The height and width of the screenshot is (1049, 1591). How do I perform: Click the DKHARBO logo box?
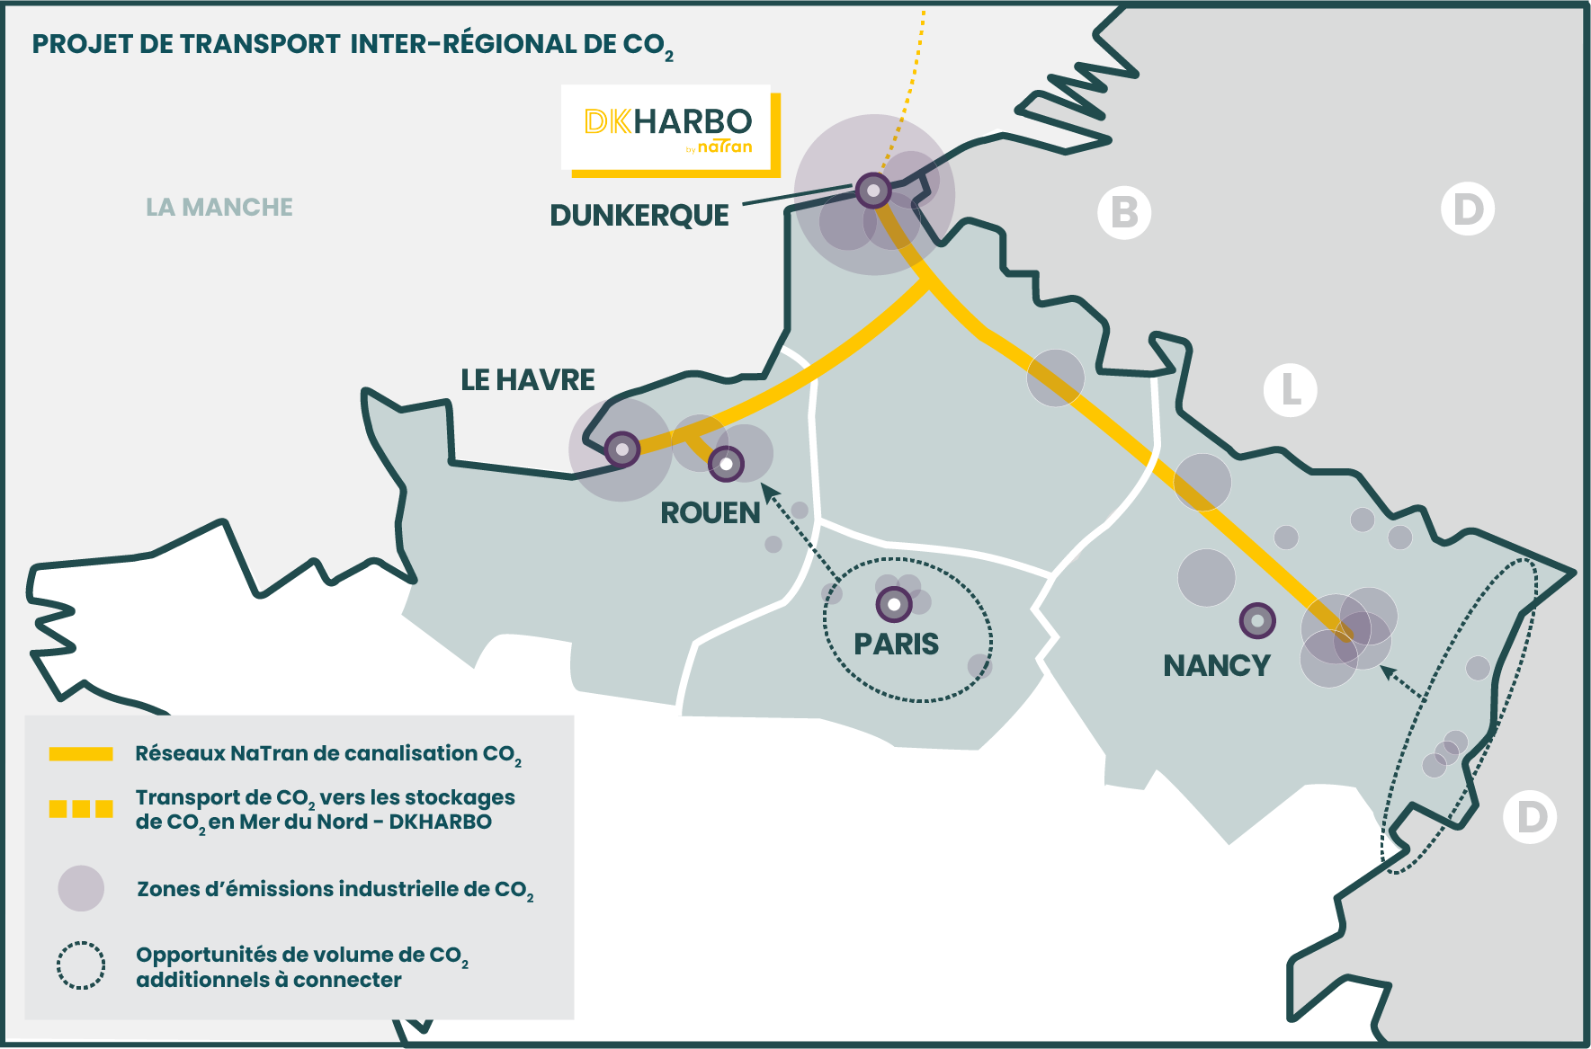[666, 128]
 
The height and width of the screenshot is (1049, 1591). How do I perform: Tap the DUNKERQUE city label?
[639, 216]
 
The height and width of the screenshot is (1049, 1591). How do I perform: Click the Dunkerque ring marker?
[872, 191]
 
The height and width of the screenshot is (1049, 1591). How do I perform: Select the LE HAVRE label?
[528, 380]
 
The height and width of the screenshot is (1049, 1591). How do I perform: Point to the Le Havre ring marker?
[621, 449]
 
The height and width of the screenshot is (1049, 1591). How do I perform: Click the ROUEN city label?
[711, 513]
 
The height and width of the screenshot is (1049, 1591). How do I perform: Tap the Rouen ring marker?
[726, 464]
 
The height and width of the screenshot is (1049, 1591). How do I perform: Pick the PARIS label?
[896, 645]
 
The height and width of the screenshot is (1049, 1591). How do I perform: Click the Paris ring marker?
[894, 605]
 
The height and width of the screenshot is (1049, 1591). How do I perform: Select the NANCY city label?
[1217, 666]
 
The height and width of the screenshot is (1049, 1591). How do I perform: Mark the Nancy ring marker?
[1257, 620]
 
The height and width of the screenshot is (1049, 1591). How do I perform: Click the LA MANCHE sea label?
[219, 208]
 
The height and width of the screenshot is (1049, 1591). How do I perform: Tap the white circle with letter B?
[1124, 213]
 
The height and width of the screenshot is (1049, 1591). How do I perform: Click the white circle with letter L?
[1290, 390]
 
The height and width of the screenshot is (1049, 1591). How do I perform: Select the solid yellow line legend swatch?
[81, 754]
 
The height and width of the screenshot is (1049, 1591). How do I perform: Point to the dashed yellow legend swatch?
[81, 809]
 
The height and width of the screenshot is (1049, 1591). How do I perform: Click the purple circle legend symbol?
[81, 888]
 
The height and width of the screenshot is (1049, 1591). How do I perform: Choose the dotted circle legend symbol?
[81, 965]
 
